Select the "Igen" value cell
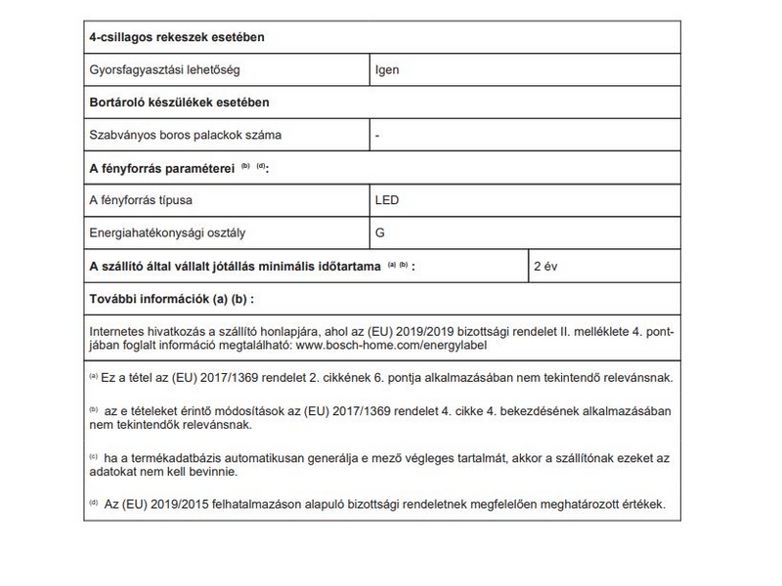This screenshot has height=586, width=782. coord(387,70)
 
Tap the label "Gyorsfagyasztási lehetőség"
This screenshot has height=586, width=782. coord(164,70)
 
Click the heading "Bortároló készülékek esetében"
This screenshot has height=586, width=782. coord(179,103)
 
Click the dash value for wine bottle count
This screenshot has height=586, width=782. coord(377,135)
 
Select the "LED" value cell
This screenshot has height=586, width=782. coord(387,200)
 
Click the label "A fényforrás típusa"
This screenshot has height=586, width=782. coord(141,200)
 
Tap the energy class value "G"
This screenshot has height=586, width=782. coord(380,232)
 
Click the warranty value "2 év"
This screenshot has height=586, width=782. coord(546,266)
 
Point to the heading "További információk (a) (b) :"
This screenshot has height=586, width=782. coord(171,298)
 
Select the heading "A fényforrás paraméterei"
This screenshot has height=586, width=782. coord(162,168)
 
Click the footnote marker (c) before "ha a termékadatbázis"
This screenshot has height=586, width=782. coord(94,457)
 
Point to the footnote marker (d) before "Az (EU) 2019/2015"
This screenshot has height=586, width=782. coord(94,504)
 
